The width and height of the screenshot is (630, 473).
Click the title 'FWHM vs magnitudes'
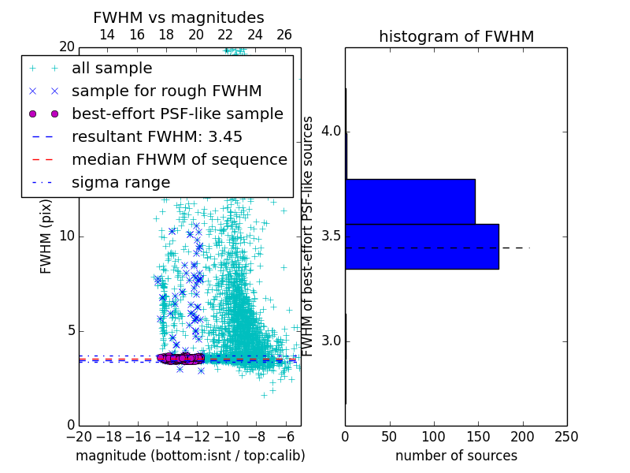(x=178, y=18)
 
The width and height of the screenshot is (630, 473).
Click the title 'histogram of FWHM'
(x=456, y=37)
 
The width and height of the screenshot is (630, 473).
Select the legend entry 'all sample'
(x=112, y=69)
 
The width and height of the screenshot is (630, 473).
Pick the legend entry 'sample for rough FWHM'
(x=166, y=91)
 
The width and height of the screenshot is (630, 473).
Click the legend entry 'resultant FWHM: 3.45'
(x=157, y=136)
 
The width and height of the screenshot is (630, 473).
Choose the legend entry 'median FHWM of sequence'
(x=180, y=159)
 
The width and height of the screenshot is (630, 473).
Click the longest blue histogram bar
(x=422, y=247)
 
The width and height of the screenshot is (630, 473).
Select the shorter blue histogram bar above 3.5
(x=410, y=201)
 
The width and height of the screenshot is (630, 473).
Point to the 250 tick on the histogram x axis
(x=566, y=436)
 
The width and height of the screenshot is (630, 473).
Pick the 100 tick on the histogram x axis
(x=434, y=436)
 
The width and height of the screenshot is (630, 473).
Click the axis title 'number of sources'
(x=456, y=456)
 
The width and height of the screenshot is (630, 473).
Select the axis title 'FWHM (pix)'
(x=46, y=236)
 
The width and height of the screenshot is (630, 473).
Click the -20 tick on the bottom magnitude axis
(x=78, y=436)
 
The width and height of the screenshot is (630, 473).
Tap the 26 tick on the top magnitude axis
(x=284, y=35)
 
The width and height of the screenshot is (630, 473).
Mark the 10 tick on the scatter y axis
(x=66, y=236)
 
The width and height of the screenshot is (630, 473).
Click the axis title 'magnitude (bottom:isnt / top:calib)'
(x=190, y=456)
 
